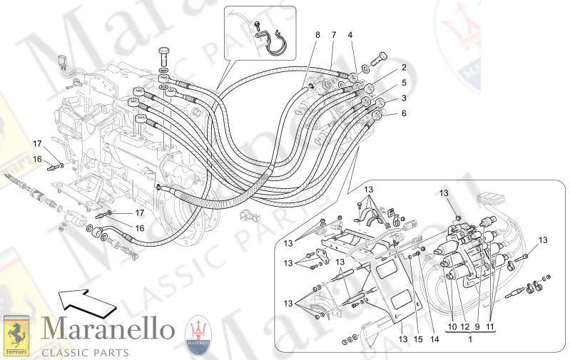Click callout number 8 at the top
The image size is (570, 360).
(317, 35)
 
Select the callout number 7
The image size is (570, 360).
(333, 35)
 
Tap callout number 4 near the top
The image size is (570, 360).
(350, 35)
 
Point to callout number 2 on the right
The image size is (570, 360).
(403, 68)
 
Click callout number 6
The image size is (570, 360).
(403, 113)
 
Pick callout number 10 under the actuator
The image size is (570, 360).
(452, 326)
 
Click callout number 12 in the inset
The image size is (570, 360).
(465, 326)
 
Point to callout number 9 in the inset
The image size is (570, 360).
(477, 326)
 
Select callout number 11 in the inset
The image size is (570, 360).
(492, 326)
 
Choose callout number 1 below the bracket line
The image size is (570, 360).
(471, 341)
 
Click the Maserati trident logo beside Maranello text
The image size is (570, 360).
(199, 334)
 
